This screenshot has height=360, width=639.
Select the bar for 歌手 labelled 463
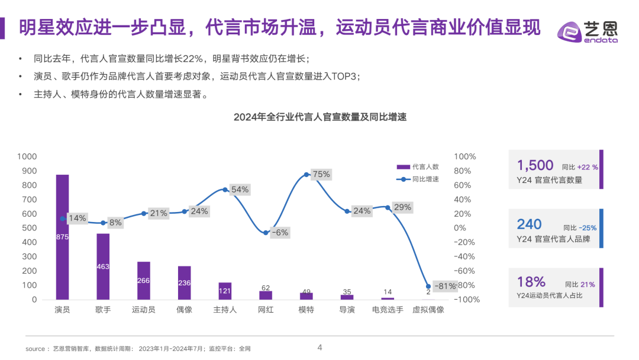tap(103, 266)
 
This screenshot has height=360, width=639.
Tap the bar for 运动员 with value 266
tap(143, 281)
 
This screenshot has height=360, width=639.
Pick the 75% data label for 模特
tap(321, 174)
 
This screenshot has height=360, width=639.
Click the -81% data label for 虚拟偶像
tap(445, 286)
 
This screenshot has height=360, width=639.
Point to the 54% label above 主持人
tap(240, 189)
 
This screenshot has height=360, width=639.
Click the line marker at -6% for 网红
tap(266, 233)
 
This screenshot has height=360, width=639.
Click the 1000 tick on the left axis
tap(27, 157)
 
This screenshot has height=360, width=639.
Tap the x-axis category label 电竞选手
tap(388, 310)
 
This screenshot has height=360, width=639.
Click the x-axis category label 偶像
tap(184, 310)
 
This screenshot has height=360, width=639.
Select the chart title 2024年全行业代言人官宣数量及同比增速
tap(320, 117)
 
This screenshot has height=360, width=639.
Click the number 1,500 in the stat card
tap(535, 166)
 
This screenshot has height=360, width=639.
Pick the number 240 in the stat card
tap(529, 224)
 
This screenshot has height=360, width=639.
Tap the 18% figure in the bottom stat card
tap(531, 282)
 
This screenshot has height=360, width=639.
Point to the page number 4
tap(319, 348)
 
